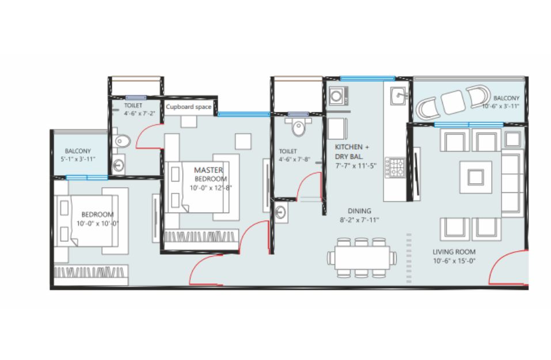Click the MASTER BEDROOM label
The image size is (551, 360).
tap(210, 174)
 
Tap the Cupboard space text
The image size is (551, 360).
tap(189, 107)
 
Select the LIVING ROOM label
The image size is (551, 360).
tap(454, 252)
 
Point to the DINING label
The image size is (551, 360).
tap(359, 211)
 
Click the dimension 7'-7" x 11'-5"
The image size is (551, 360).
tap(356, 165)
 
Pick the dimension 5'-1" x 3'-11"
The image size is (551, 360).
tap(78, 159)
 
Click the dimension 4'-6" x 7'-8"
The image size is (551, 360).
tap(294, 159)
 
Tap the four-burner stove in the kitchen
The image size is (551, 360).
tap(395, 168)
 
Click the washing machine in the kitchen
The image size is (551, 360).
tap(339, 96)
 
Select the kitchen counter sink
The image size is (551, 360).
tap(399, 95)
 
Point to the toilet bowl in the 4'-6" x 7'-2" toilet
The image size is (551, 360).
tap(121, 141)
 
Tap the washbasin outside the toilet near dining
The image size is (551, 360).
tap(281, 213)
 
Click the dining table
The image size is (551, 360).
tap(362, 257)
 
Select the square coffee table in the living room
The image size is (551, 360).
tap(476, 177)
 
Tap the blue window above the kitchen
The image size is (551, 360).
tap(367, 78)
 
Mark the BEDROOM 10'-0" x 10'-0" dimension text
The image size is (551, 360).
tap(98, 223)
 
